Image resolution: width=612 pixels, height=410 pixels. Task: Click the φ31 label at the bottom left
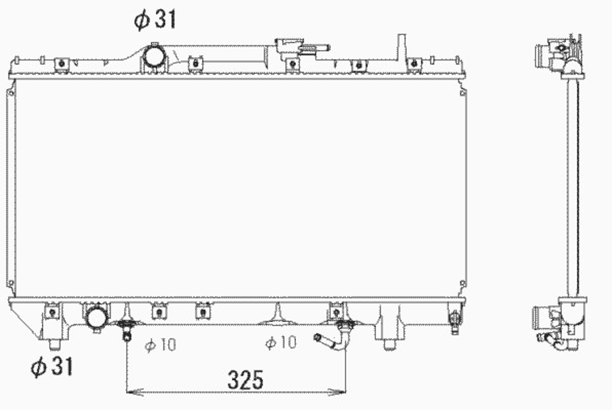tap(52, 367)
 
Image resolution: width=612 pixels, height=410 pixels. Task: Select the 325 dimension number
tap(245, 380)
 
